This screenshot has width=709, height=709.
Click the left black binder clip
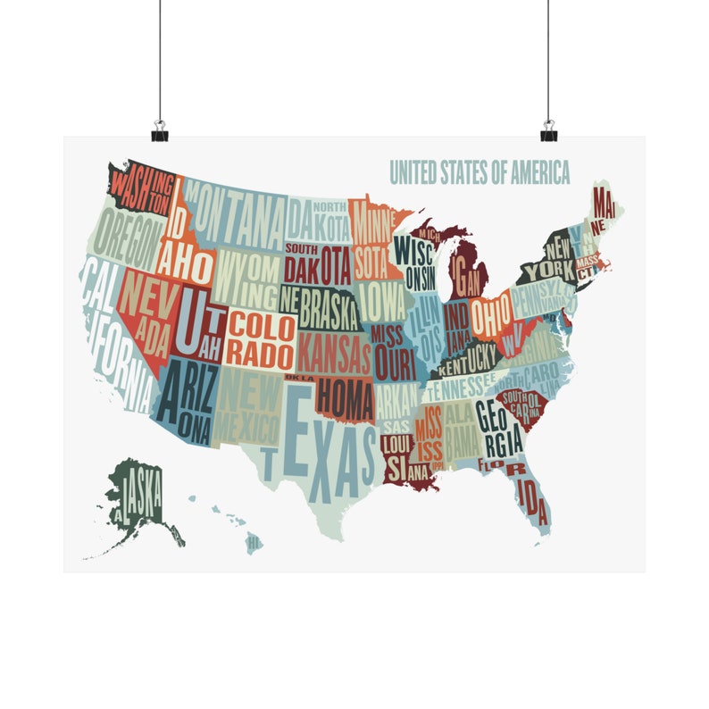tap(160, 131)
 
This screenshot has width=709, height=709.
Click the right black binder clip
tap(548, 131)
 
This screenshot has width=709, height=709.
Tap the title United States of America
tap(480, 171)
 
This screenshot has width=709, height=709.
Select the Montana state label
tap(237, 215)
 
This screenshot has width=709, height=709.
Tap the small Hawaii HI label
tap(254, 541)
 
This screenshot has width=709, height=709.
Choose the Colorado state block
tap(260, 338)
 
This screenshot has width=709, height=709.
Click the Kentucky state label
tap(465, 360)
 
